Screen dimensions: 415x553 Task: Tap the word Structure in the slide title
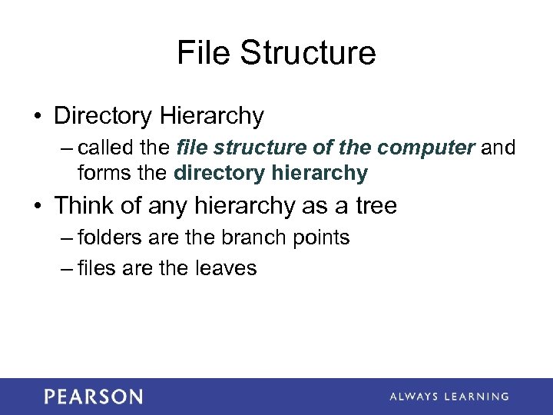click(x=307, y=53)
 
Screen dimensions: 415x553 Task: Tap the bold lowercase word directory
click(x=220, y=173)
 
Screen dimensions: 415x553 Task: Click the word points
click(x=323, y=238)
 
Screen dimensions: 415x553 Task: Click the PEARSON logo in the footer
click(x=93, y=397)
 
